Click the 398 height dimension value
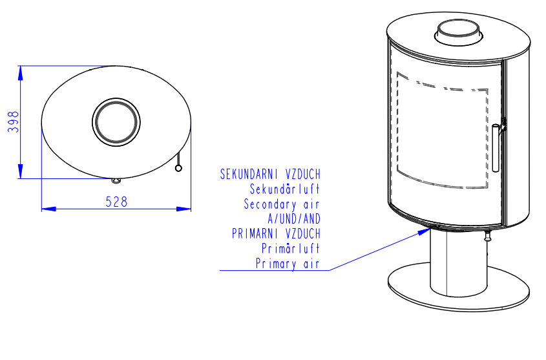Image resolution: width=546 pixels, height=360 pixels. [x=13, y=122]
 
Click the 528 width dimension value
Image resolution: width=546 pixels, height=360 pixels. [x=117, y=202]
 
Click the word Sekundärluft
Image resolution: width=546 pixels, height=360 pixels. [x=284, y=189]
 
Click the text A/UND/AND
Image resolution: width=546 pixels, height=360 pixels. [x=294, y=219]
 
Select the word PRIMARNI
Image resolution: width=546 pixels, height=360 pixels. [x=255, y=233]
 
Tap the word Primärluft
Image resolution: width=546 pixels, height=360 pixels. [x=290, y=248]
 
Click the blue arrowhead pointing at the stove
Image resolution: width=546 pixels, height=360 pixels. [x=425, y=231]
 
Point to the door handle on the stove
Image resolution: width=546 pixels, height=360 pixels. [x=496, y=147]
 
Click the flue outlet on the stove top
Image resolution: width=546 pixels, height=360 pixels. [x=458, y=32]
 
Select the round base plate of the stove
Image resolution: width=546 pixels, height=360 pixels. [x=459, y=287]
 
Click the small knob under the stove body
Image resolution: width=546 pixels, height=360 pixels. [x=487, y=237]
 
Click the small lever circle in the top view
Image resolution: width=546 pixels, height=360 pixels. [x=178, y=169]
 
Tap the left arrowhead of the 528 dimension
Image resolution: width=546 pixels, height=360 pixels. [x=48, y=209]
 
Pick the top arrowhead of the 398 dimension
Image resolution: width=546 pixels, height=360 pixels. [x=21, y=73]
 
